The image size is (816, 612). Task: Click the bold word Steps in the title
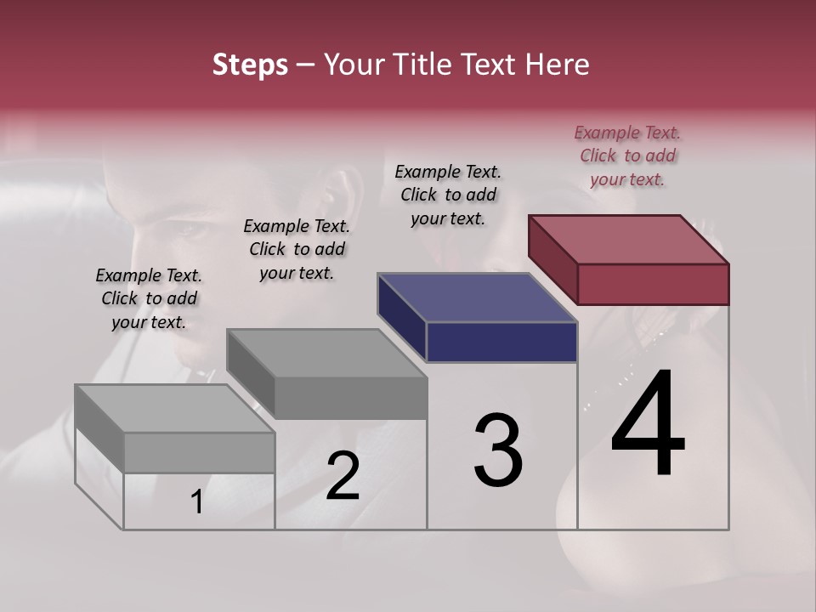pos(250,65)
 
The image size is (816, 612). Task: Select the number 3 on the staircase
pos(498,450)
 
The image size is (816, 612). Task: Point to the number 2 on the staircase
pos(343,476)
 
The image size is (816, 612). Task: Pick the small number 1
pos(197,502)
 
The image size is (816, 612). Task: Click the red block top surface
pos(629,239)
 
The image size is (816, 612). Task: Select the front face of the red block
pos(653,284)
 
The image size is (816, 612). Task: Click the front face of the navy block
pos(501,342)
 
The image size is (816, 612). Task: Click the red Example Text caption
pos(627,156)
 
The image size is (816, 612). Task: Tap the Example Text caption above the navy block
pos(448,195)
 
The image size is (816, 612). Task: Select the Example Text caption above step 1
pos(149,298)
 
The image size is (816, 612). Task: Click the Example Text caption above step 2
pos(297,249)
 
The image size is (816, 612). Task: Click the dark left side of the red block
pos(552,259)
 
